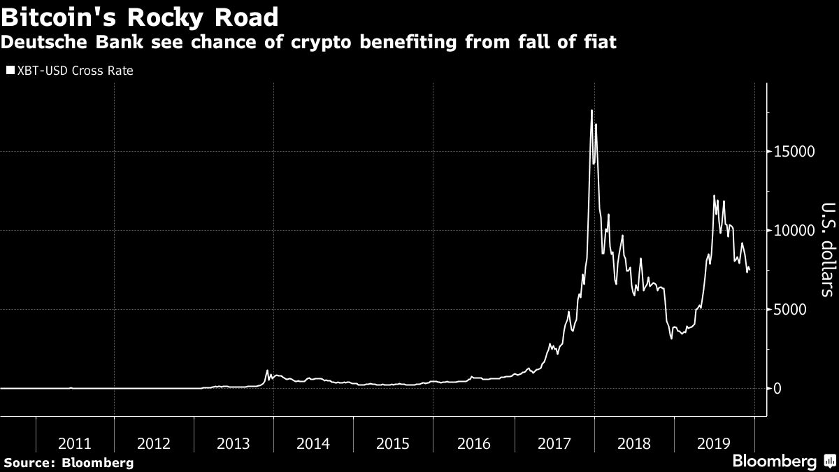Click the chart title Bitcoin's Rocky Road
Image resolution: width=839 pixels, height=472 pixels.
[x=140, y=16]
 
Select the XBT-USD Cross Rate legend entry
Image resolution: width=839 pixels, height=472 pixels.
[x=69, y=71]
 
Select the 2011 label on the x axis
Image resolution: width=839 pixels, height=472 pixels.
[x=74, y=443]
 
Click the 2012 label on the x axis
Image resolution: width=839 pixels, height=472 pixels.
[x=154, y=443]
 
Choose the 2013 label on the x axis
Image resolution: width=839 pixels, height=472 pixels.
[x=234, y=443]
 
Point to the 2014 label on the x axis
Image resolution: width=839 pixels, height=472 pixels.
[x=313, y=443]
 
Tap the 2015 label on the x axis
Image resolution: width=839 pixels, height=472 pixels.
[x=393, y=443]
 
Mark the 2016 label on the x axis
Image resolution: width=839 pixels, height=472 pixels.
[x=473, y=443]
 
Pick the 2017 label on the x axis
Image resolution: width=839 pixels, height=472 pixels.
[x=553, y=443]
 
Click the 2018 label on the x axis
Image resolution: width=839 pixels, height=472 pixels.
[x=633, y=443]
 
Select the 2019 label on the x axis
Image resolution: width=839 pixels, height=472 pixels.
[x=713, y=443]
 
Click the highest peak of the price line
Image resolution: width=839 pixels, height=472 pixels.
[x=591, y=110]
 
